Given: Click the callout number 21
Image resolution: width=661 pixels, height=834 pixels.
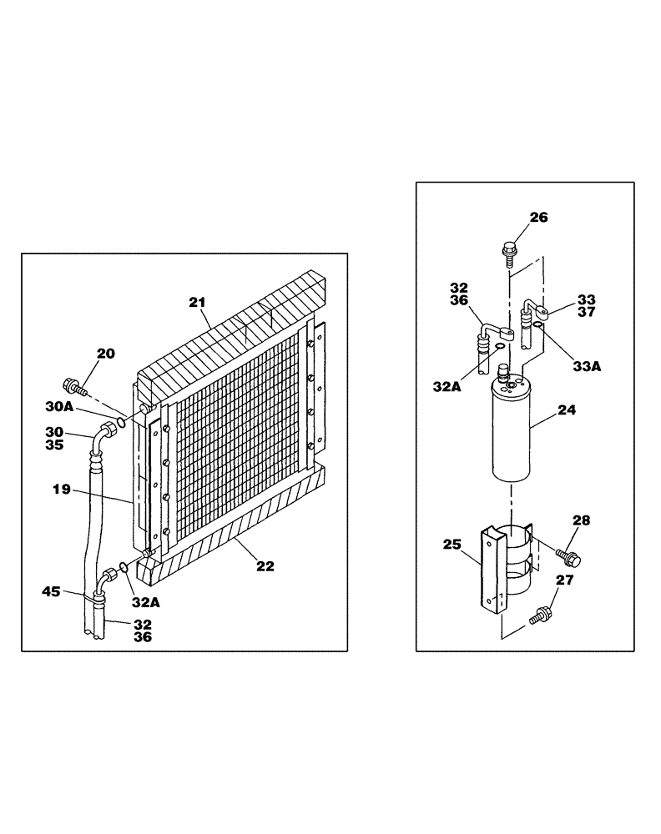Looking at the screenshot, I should coord(198,303).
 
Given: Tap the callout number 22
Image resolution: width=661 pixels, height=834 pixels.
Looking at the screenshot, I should coord(265,565).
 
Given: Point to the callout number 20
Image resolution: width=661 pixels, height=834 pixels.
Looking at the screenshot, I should coord(106,354).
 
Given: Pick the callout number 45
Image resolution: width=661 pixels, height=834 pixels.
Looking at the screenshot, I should coord(51,593).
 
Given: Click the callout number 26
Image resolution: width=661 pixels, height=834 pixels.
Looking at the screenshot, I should coord(539,218).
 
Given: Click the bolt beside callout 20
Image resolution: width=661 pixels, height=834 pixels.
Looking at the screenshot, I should coord(74,387).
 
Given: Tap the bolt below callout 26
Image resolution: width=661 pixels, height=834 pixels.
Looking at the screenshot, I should coord(509,249).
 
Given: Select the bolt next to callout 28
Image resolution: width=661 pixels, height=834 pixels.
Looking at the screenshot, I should coord(570,555).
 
